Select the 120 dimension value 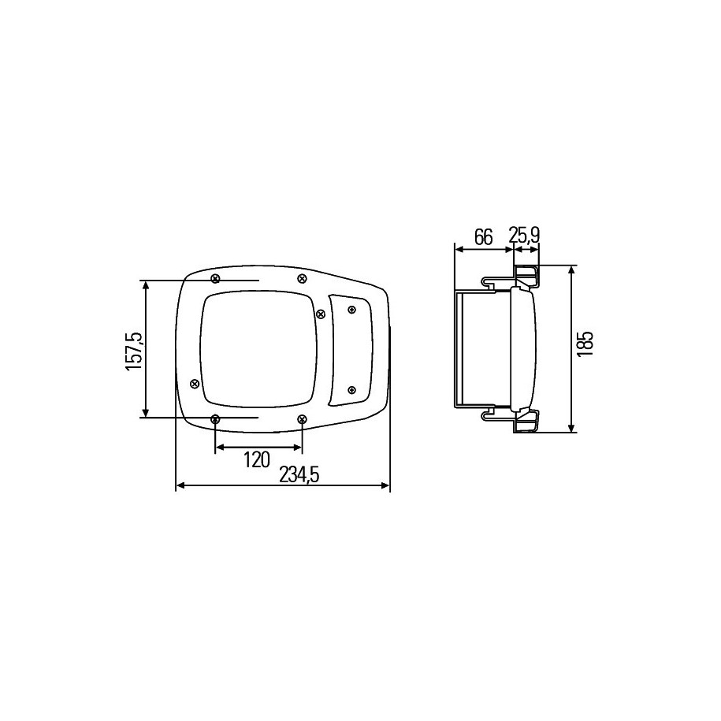pyautogui.click(x=257, y=460)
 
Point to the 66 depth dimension pyautogui.click(x=483, y=236)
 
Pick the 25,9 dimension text pyautogui.click(x=524, y=236)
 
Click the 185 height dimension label pyautogui.click(x=585, y=345)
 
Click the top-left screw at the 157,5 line pyautogui.click(x=215, y=278)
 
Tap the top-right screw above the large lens pyautogui.click(x=301, y=278)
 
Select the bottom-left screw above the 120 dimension pyautogui.click(x=215, y=419)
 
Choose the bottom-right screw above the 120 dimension pyautogui.click(x=301, y=419)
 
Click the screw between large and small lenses pyautogui.click(x=320, y=314)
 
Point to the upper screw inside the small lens pyautogui.click(x=352, y=310)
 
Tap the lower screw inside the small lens pyautogui.click(x=352, y=391)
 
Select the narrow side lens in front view pyautogui.click(x=350, y=350)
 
